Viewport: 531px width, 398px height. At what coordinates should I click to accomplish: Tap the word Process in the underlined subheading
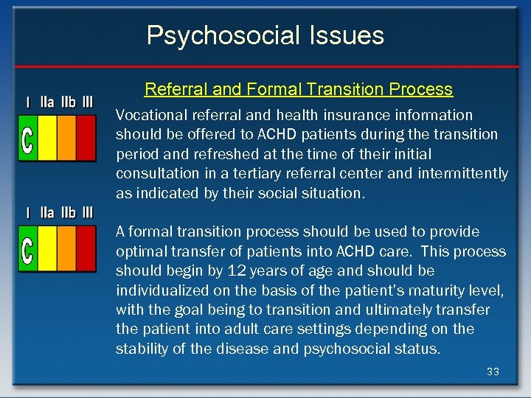coord(419,89)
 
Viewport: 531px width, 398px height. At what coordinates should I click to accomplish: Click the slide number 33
coord(493,371)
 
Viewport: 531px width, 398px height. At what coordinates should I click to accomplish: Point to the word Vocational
coord(147,115)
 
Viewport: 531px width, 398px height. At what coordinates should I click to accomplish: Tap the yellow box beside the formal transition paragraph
coord(47,248)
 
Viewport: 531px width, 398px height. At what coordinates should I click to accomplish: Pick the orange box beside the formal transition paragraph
coord(66,248)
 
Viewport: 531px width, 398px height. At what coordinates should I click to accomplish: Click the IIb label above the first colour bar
coord(67,102)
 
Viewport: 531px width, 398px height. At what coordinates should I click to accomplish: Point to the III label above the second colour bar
coord(87,213)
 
